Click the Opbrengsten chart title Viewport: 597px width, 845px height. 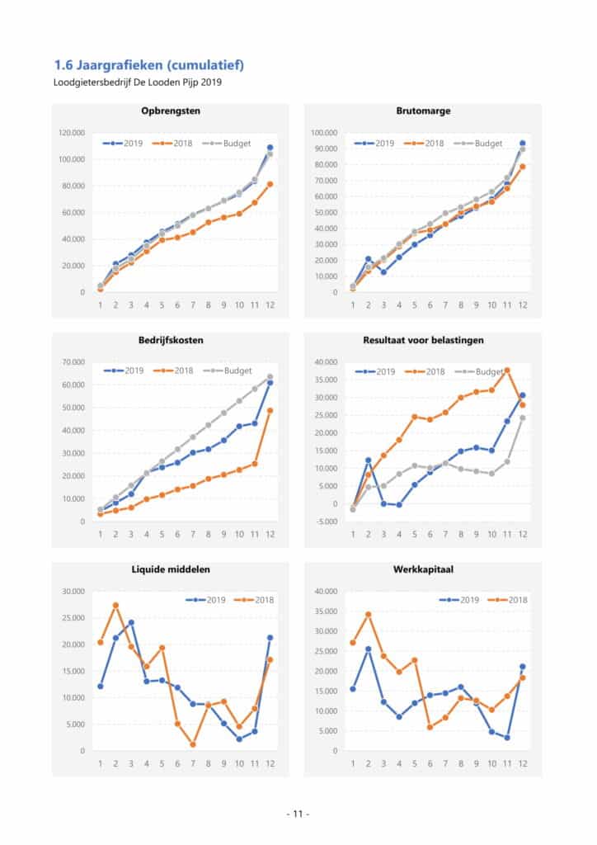(x=170, y=111)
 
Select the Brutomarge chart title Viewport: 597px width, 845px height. (x=424, y=111)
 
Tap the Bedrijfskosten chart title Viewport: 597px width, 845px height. (x=170, y=340)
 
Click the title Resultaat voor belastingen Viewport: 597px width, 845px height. (x=424, y=340)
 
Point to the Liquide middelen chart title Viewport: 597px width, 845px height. (x=170, y=570)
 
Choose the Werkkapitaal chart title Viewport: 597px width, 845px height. (x=424, y=570)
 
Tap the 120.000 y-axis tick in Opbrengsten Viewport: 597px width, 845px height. (x=73, y=132)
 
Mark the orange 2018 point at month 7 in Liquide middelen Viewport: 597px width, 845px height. (x=192, y=744)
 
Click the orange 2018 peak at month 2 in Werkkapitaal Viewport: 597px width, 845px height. (x=369, y=614)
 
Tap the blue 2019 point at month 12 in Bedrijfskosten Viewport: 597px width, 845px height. (x=270, y=383)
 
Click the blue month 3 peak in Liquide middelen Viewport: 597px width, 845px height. (x=131, y=622)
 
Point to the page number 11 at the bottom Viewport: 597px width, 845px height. (x=298, y=814)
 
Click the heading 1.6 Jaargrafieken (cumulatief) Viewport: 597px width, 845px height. (x=148, y=64)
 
